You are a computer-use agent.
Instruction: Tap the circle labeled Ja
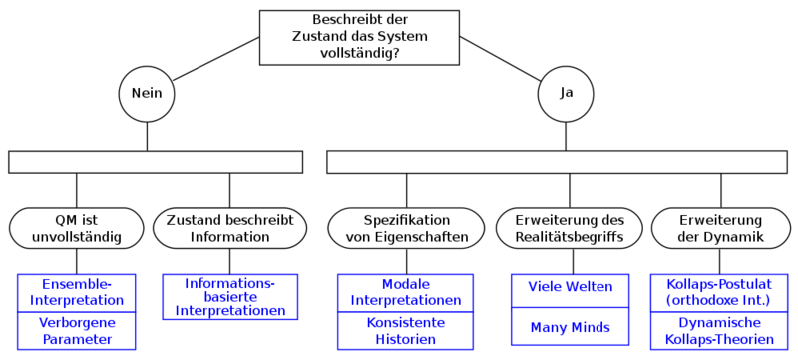pos(567,94)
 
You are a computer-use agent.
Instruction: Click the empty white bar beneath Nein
pos(156,162)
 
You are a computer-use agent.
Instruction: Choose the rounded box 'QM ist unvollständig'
pos(76,228)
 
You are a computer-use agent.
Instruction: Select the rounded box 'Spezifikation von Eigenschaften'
pos(406,228)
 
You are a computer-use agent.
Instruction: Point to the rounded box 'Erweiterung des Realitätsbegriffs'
pos(569,228)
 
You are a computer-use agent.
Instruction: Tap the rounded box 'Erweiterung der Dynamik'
pos(720,228)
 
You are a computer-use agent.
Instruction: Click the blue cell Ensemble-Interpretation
pos(76,292)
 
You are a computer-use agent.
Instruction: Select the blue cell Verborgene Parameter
pos(76,331)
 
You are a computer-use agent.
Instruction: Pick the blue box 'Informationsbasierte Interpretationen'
pos(230,297)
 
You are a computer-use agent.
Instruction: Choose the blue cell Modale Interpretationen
pos(407,292)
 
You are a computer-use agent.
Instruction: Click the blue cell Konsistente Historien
pos(407,331)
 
